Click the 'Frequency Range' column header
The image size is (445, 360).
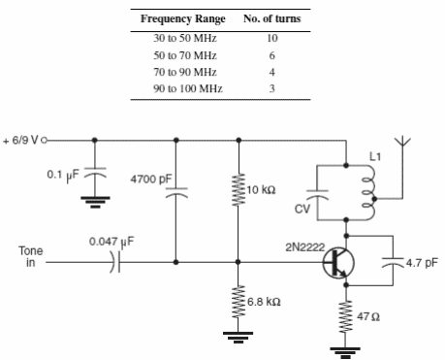[x=183, y=19]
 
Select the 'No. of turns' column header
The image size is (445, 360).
[x=270, y=19]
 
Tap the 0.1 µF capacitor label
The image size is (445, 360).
[x=62, y=175]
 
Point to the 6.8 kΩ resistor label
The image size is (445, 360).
[x=264, y=302]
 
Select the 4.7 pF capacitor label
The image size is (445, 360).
[x=422, y=261]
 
